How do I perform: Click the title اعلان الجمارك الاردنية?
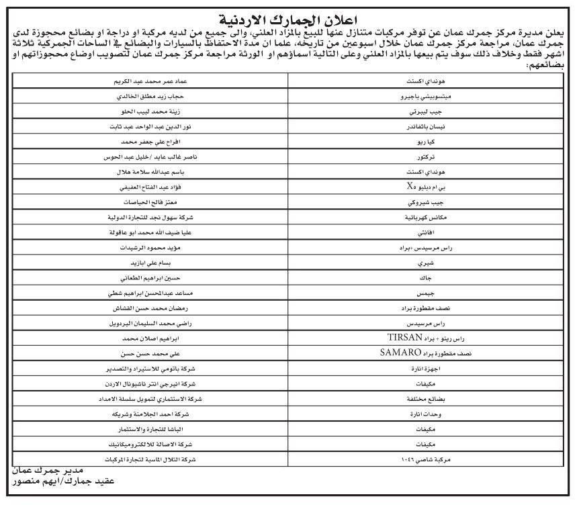[x=288, y=19]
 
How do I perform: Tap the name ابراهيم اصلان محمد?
[x=150, y=337]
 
